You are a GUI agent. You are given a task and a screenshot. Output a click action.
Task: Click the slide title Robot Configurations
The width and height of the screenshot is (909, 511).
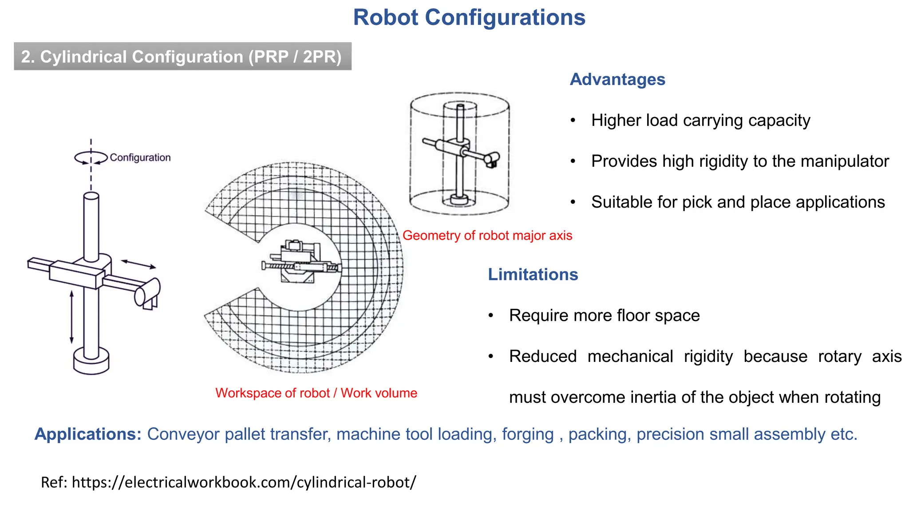pos(469,18)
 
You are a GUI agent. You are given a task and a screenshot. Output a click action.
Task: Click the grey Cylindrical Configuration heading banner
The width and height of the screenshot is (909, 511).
pos(182,56)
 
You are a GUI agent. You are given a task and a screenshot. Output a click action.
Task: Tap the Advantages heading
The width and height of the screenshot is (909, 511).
pos(617,79)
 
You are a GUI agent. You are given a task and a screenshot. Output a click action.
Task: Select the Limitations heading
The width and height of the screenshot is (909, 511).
pos(533,275)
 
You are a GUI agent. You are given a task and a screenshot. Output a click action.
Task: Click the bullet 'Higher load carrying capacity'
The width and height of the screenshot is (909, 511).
pos(700,120)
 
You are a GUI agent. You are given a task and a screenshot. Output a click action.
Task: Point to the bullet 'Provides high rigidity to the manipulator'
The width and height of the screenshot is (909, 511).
pos(740,161)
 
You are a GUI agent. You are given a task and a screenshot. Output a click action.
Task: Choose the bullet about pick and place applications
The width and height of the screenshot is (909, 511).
pos(738,202)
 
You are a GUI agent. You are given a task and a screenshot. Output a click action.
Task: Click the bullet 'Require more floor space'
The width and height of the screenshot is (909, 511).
pos(604,315)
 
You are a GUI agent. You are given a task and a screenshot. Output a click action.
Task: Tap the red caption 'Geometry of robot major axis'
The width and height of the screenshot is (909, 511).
pos(487,236)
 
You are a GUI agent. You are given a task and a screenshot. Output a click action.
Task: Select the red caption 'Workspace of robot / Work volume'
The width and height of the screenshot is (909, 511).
pos(316,393)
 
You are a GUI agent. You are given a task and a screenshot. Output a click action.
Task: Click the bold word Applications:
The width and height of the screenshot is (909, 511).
pos(88,434)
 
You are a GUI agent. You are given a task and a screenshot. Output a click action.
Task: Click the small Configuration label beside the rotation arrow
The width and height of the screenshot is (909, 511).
pos(140,157)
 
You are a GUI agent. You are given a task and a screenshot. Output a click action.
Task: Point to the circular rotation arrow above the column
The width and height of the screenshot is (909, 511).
pos(91,158)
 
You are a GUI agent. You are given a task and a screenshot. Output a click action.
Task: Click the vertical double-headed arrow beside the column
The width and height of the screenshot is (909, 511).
pos(71,317)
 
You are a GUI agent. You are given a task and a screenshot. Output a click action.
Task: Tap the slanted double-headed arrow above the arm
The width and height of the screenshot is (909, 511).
pos(138,264)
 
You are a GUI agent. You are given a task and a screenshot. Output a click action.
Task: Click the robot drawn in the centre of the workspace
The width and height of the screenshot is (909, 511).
pos(300,262)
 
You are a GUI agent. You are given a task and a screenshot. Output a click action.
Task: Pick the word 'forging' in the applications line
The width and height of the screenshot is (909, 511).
pos(528,434)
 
